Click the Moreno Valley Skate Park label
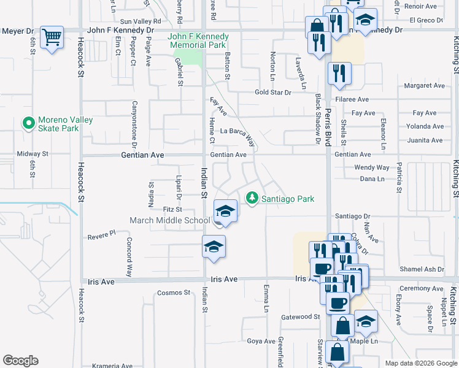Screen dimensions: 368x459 coord(58,124)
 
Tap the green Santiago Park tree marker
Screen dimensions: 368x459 coord(251,198)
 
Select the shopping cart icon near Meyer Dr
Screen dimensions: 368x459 coord(52,37)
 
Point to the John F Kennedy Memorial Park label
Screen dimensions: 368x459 coord(198,41)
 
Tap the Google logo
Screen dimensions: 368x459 coord(20,361)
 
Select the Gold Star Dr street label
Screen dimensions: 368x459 coord(273,93)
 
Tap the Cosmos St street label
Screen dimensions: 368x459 coord(174,293)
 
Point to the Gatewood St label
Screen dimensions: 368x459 coord(301,317)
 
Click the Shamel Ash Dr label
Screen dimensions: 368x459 coord(422,269)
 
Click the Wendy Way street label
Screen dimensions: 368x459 coord(372,167)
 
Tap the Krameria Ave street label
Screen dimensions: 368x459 coord(112,366)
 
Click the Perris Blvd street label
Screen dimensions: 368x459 coord(329,129)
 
